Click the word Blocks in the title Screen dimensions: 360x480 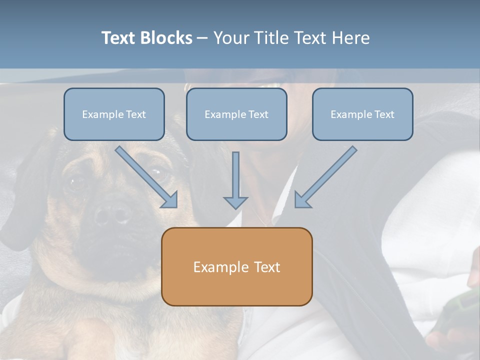tap(167, 38)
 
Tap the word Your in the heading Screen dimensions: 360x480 tap(231, 38)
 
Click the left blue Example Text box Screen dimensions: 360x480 tap(114, 114)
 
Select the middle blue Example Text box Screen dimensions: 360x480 tap(236, 114)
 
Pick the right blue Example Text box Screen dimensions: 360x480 tap(362, 114)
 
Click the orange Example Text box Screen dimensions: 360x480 tap(236, 266)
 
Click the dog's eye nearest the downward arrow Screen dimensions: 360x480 tap(158, 174)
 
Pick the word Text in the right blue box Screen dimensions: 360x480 tap(384, 114)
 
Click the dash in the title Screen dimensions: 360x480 tap(202, 38)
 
